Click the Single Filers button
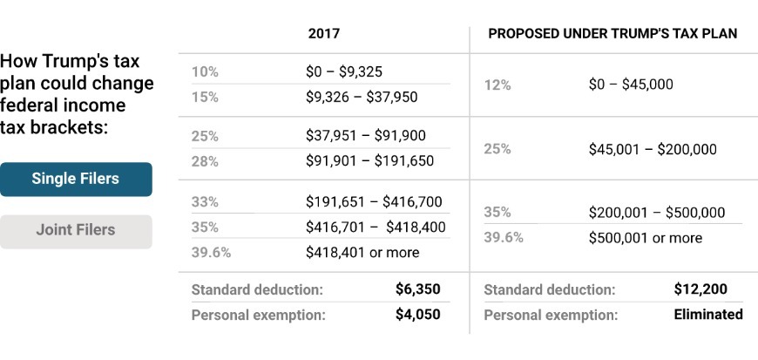tap(76, 180)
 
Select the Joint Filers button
tap(76, 231)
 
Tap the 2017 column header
tap(323, 34)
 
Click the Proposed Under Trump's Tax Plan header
tap(612, 34)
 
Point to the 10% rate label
tap(205, 72)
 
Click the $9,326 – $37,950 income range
tap(362, 97)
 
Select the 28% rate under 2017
tap(205, 161)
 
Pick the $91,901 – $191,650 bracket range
tap(369, 161)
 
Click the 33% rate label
tap(205, 202)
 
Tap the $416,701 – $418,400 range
tap(376, 228)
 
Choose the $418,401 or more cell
tap(362, 253)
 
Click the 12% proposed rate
tap(497, 85)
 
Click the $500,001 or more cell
tap(645, 238)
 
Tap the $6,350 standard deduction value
tap(417, 289)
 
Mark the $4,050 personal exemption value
tap(417, 315)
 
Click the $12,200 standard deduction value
tap(700, 289)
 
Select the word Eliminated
tap(708, 315)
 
